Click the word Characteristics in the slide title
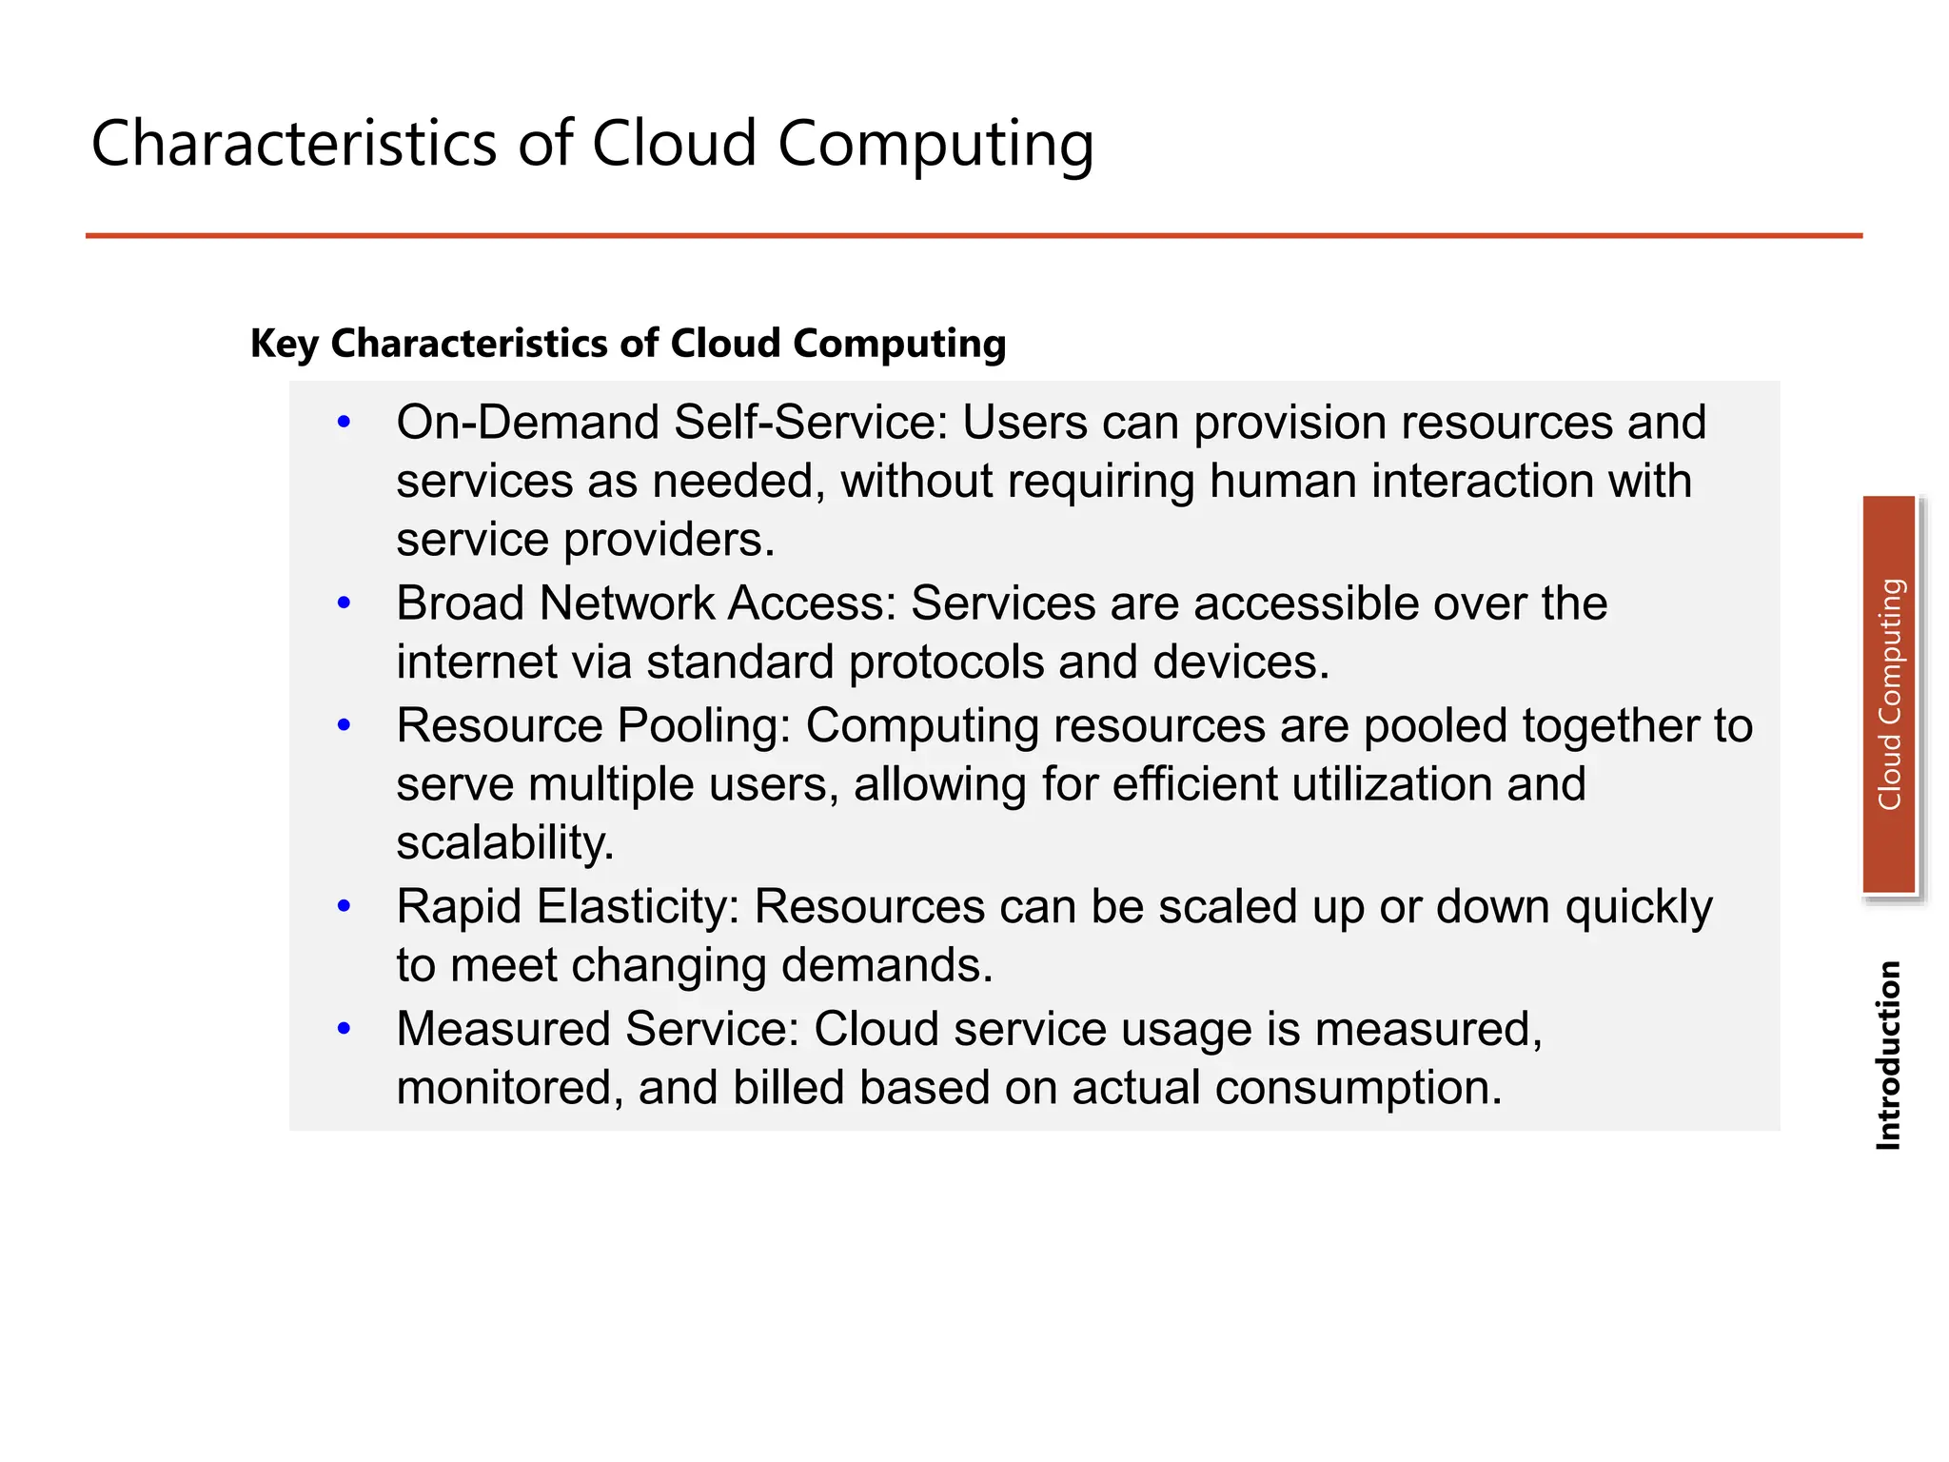293,144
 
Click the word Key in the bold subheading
283,344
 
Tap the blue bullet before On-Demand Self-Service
345,422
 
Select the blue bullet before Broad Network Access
345,603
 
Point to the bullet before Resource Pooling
345,725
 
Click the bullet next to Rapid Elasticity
345,906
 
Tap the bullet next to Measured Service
345,1028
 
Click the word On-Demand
526,423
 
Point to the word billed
788,1088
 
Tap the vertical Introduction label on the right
1888,1055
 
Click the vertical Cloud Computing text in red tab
1890,695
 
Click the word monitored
509,1088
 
